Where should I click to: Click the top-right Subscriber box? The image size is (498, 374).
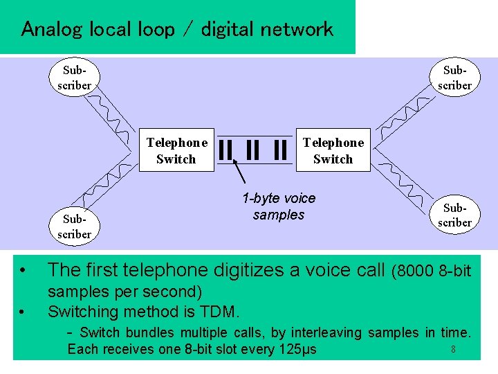coord(456,78)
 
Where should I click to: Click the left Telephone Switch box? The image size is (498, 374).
coord(176,151)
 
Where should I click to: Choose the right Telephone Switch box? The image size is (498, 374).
coord(333,151)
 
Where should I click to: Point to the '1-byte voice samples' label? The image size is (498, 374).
coord(279,206)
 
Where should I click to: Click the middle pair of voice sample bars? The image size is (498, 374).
coord(253,150)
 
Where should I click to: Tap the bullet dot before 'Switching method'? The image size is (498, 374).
coord(23,312)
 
